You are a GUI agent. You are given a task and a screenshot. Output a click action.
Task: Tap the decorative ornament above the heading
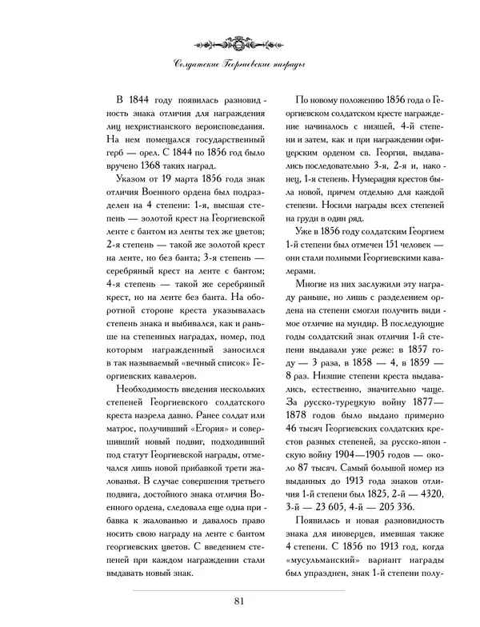[240, 39]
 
